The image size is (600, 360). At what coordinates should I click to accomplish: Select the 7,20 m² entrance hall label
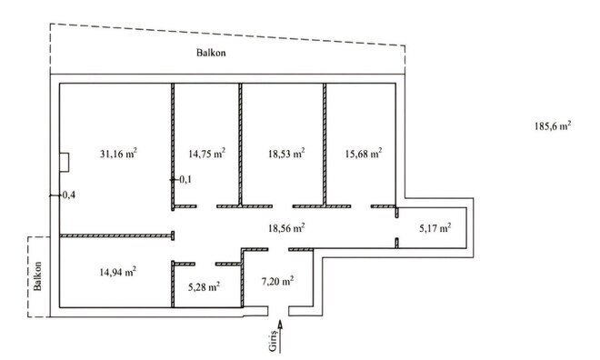(277, 281)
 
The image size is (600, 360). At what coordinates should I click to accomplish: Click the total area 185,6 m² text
(552, 127)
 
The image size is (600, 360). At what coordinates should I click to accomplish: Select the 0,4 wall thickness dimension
(67, 195)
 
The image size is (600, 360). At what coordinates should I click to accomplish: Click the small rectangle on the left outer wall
(63, 162)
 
